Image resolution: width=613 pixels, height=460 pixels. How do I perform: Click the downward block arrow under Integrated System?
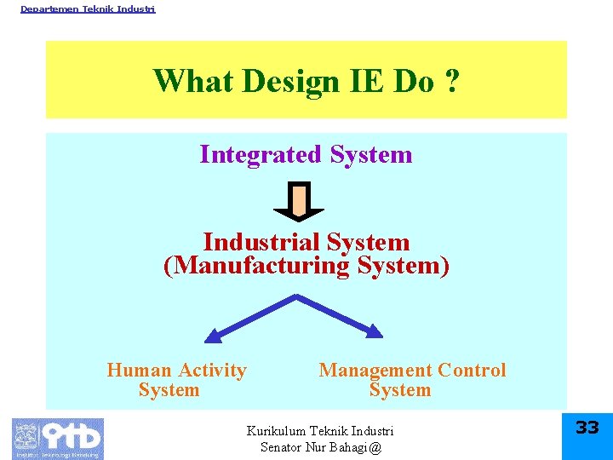pyautogui.click(x=298, y=202)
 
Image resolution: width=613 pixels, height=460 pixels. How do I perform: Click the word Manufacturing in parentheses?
pyautogui.click(x=262, y=266)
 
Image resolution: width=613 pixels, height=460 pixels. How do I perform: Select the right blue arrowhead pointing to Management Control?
pyautogui.click(x=374, y=329)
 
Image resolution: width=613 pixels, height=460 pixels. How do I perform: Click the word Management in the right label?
pyautogui.click(x=375, y=371)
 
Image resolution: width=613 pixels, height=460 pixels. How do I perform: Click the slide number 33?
pyautogui.click(x=587, y=428)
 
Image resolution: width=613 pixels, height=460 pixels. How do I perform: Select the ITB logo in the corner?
pyautogui.click(x=57, y=438)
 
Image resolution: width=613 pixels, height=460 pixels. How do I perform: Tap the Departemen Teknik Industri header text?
pyautogui.click(x=88, y=9)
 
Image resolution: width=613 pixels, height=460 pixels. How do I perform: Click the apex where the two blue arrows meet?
pyautogui.click(x=296, y=296)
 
